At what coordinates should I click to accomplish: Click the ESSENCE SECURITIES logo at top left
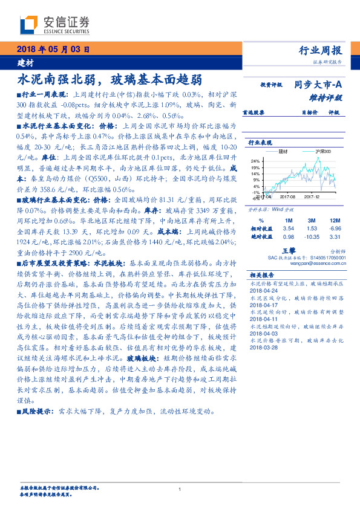pyautogui.click(x=54, y=25)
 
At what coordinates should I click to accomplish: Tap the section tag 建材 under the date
pyautogui.click(x=26, y=63)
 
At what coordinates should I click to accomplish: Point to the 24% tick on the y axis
pyautogui.click(x=256, y=161)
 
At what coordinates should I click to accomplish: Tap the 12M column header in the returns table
pyautogui.click(x=335, y=221)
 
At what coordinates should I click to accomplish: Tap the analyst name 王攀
pyautogui.click(x=289, y=248)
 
